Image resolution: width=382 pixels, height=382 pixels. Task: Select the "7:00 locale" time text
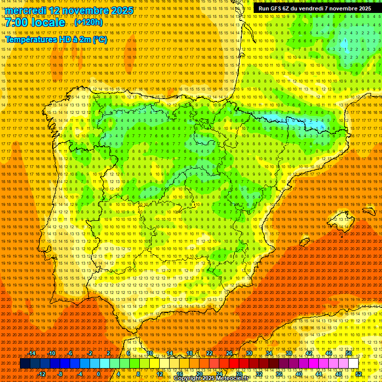(35, 23)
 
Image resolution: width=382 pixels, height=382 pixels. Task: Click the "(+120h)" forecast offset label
(89, 22)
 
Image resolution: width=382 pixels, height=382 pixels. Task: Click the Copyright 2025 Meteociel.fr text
(211, 378)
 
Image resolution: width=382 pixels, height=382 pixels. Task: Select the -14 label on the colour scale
(32, 353)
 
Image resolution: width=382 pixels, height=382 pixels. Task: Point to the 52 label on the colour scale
(359, 374)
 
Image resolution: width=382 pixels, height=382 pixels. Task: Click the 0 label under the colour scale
(98, 374)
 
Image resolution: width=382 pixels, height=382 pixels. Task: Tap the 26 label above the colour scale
(229, 353)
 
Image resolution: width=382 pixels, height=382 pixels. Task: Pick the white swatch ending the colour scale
(353, 364)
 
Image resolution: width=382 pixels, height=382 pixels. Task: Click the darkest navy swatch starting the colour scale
(25, 364)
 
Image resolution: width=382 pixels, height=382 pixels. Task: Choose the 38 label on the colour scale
(288, 353)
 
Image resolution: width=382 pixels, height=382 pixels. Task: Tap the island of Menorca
(369, 211)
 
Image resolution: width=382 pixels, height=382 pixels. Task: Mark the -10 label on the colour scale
(52, 353)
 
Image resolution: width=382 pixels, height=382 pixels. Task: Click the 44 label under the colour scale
(319, 374)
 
